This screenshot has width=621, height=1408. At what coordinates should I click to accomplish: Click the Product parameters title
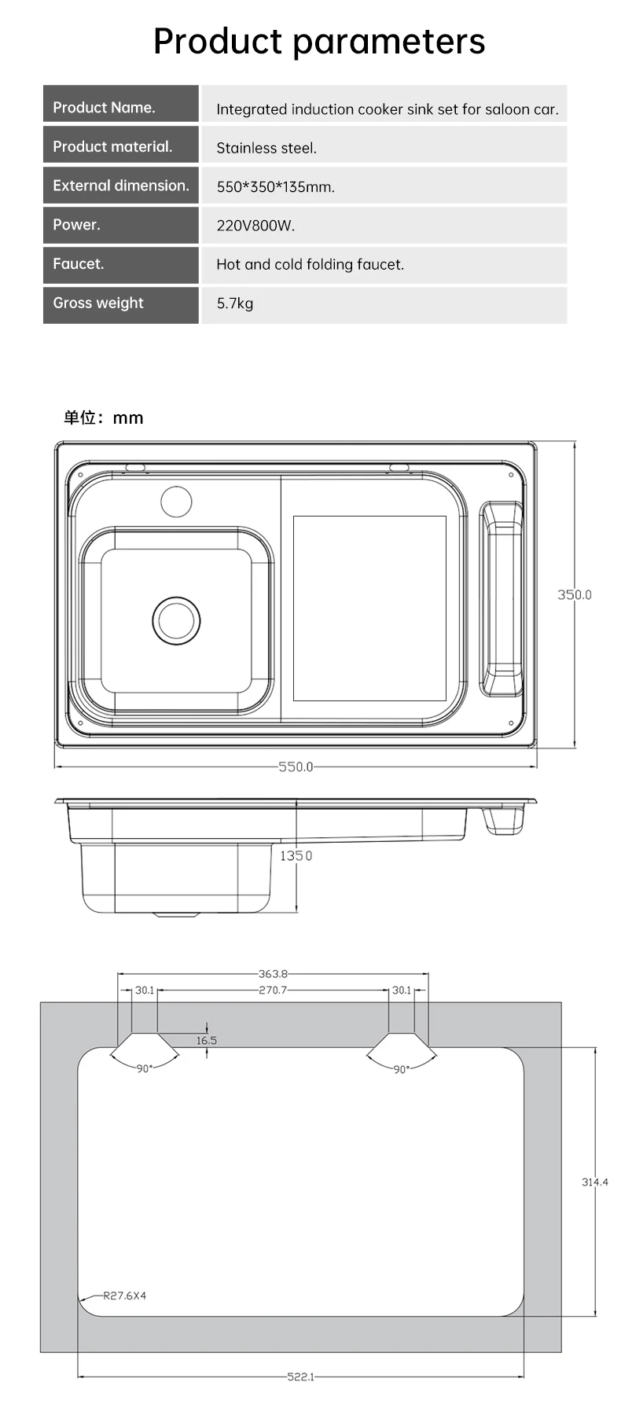318,42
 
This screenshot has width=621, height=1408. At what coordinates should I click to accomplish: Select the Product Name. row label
104,108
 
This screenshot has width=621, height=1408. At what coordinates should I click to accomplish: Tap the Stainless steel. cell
266,148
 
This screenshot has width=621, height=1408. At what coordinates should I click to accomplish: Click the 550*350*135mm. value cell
275,187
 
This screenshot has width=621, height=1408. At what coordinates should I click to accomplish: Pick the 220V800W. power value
255,226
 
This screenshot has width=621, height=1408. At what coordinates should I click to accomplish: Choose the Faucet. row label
78,264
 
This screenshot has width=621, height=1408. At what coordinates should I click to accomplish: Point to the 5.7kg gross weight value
235,303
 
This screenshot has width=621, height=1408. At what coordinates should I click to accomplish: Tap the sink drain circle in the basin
176,620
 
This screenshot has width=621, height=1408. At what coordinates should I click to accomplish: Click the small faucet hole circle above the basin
176,502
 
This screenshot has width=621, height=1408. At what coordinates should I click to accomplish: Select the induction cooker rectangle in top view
369,608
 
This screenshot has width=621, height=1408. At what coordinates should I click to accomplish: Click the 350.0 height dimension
574,594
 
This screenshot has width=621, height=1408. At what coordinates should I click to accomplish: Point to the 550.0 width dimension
296,766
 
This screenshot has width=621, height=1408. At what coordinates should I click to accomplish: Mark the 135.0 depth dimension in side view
296,855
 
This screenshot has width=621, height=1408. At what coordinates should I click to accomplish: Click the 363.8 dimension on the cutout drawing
273,973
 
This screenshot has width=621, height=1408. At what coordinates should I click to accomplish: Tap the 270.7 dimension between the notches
273,990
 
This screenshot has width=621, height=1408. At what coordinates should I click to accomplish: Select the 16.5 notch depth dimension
206,1040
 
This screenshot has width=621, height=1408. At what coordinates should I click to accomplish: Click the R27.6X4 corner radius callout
124,1296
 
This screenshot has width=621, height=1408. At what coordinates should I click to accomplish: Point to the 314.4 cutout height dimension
594,1182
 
